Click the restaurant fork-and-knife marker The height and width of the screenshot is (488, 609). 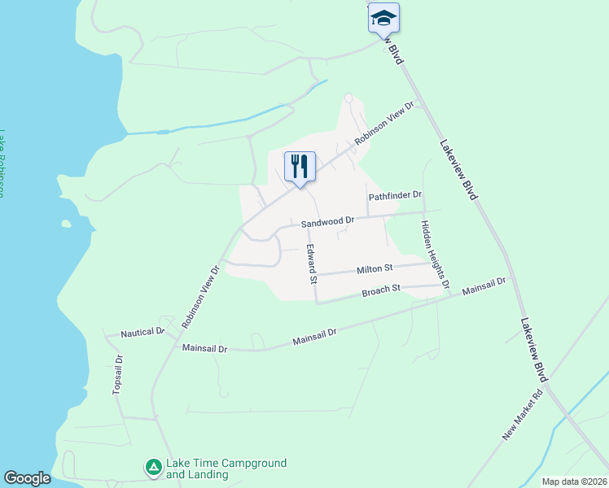(300, 167)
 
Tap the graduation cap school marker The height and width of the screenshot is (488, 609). (383, 18)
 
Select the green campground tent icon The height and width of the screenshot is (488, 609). (153, 467)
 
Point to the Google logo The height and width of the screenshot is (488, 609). (27, 478)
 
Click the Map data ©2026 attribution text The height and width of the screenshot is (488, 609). (573, 481)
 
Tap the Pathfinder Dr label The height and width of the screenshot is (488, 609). (395, 195)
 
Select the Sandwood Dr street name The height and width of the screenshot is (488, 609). (328, 220)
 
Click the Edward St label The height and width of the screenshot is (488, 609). (311, 263)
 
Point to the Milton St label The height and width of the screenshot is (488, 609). (375, 268)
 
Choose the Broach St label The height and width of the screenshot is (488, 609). (382, 289)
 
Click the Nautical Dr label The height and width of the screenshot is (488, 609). (142, 333)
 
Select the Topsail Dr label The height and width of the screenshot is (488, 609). (117, 374)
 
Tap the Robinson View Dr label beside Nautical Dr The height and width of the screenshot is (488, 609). (201, 295)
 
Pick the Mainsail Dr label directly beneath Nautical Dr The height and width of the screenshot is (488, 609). (204, 348)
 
